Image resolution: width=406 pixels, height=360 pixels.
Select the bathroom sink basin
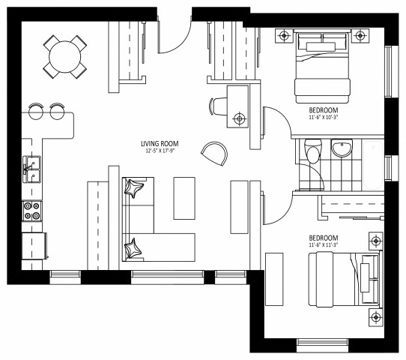[342, 148]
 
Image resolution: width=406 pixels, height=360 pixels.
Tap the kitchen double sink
[31, 169]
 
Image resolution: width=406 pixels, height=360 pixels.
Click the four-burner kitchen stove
[32, 211]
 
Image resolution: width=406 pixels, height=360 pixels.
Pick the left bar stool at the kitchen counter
[35, 111]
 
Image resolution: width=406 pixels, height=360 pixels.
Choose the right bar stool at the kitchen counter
[57, 111]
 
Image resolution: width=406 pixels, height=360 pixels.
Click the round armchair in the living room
[214, 154]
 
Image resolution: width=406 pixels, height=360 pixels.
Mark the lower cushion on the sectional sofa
[135, 246]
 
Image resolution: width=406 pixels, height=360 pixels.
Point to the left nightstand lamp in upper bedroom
[284, 34]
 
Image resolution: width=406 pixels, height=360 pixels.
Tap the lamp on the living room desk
[239, 118]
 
